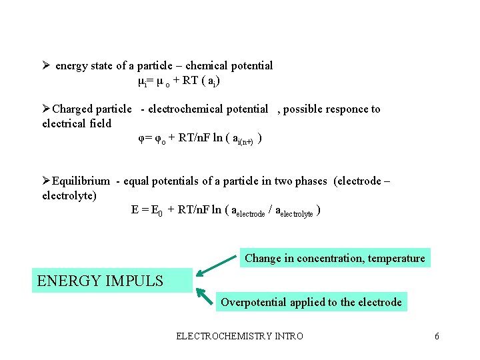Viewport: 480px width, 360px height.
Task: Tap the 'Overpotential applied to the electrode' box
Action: (311, 302)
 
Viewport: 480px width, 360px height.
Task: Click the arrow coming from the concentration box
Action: (217, 263)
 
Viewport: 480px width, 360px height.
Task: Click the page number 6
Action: (437, 336)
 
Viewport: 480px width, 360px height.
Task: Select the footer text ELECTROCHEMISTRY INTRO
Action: (239, 336)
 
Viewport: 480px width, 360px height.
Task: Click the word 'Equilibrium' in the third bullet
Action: (81, 181)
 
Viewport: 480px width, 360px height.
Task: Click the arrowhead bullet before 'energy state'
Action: (46, 65)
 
